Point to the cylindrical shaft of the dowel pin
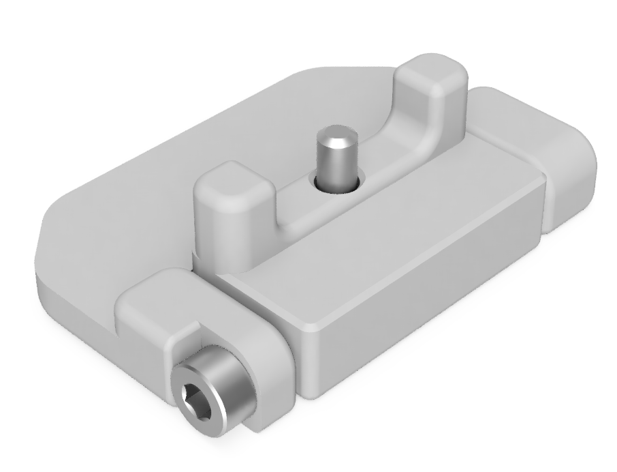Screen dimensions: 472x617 334,164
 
